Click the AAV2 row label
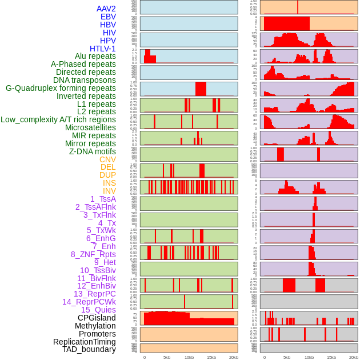(106, 9)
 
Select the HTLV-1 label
(102, 49)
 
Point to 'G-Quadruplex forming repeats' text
(61, 88)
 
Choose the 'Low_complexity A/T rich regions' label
(58, 119)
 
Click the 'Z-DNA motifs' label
(92, 151)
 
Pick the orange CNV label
(107, 159)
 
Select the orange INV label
(109, 191)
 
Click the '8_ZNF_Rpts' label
(93, 254)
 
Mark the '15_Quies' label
(98, 310)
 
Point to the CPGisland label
(97, 318)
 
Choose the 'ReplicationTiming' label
(84, 342)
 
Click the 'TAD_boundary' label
(89, 349)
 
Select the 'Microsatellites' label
(90, 127)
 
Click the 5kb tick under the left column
(166, 357)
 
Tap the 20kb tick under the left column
(233, 357)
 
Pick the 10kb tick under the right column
(309, 357)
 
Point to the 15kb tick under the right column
(331, 357)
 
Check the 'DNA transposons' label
(84, 80)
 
